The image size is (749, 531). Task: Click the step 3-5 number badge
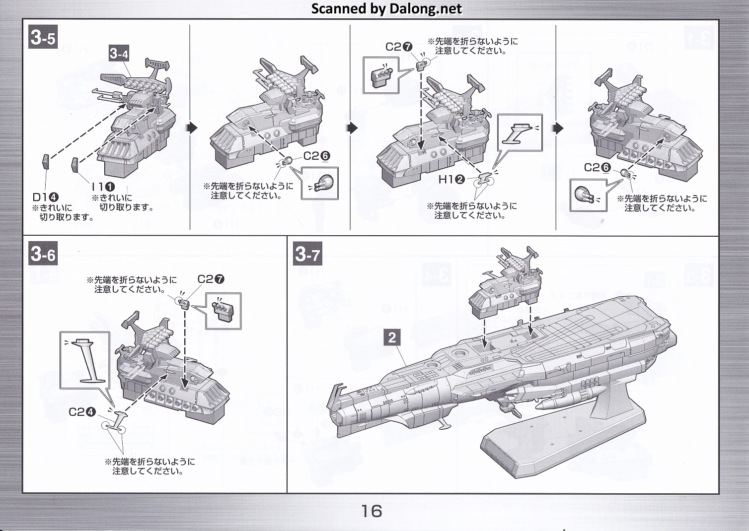43,37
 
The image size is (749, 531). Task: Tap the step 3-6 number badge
43,255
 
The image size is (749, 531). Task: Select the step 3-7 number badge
307,255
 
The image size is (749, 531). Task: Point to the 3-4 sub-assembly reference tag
119,53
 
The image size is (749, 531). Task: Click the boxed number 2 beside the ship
392,338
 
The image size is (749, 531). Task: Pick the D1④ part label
46,197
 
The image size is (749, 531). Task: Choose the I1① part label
103,187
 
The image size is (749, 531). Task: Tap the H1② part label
451,180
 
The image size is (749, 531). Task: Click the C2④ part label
82,412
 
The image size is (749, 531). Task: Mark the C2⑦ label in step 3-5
399,47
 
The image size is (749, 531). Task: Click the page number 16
372,511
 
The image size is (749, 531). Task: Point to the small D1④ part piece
45,162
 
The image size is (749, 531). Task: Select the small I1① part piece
75,164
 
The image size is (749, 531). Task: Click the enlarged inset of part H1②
520,133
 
